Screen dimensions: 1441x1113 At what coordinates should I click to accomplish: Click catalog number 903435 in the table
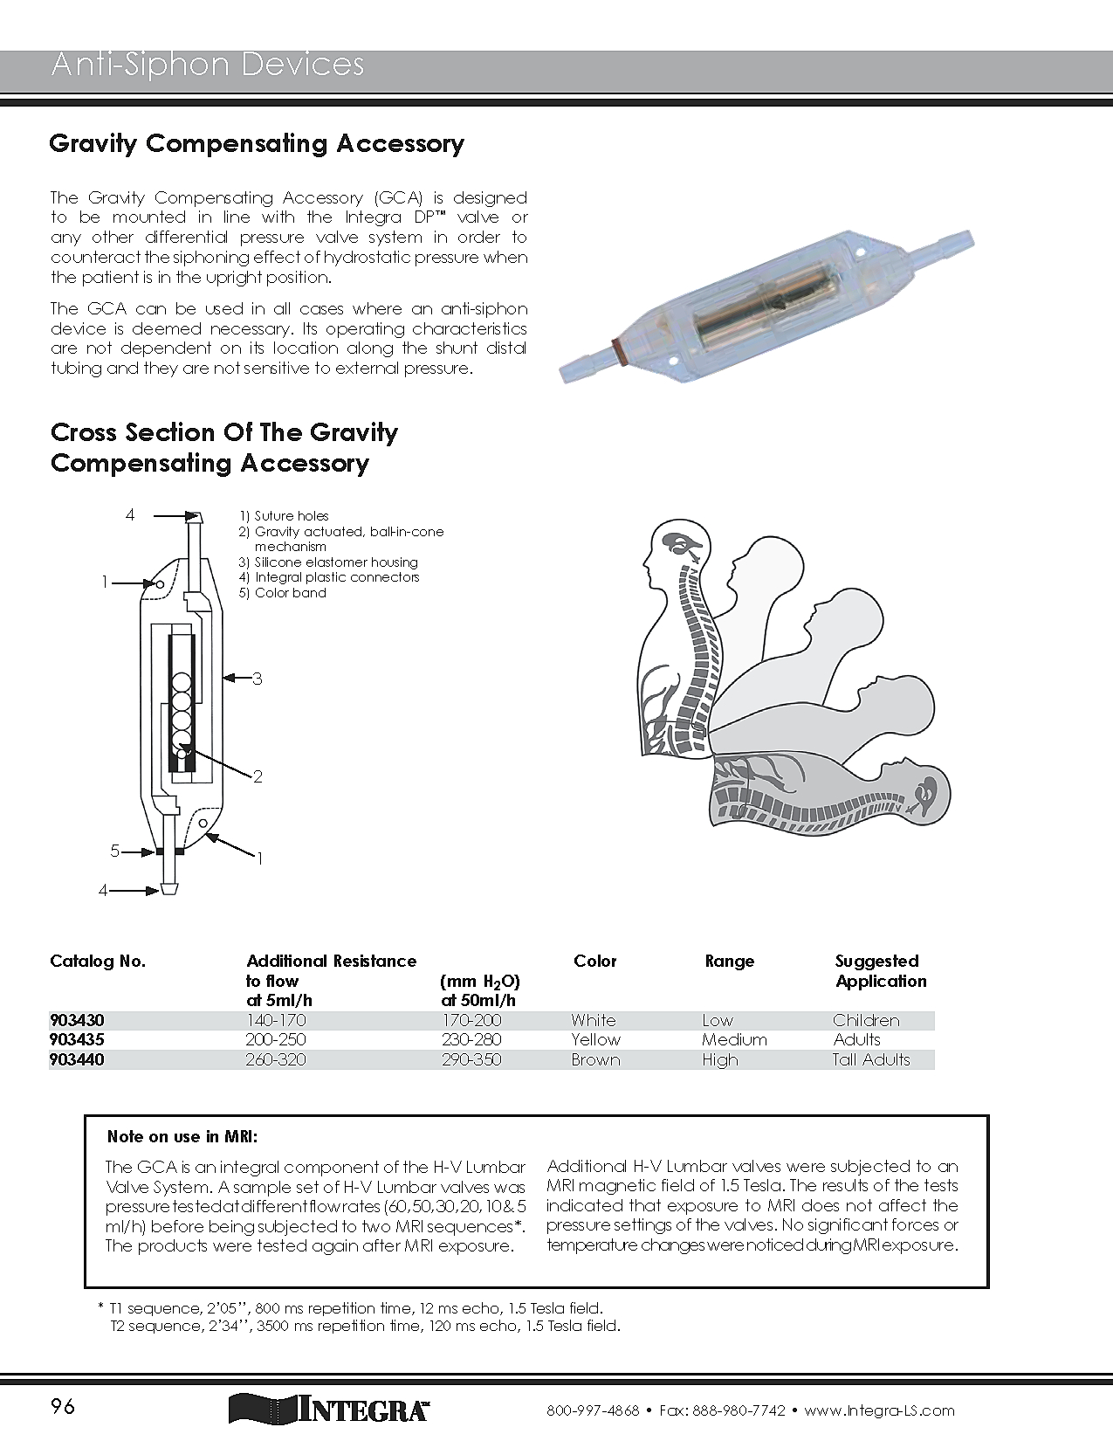tap(77, 1039)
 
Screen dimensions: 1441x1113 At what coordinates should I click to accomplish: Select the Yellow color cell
tap(595, 1039)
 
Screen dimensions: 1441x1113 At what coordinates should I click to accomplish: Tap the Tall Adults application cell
tap(871, 1059)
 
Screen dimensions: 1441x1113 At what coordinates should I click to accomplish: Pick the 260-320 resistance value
tap(276, 1059)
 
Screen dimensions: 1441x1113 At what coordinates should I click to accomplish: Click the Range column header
tap(730, 961)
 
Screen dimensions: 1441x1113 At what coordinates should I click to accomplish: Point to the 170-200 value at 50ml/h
tap(471, 1020)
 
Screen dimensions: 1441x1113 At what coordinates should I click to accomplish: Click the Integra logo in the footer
tap(329, 1409)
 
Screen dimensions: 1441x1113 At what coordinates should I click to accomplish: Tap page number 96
tap(63, 1406)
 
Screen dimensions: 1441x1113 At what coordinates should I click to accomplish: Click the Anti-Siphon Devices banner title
tap(208, 65)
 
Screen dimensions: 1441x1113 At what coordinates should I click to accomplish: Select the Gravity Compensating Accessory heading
tap(257, 143)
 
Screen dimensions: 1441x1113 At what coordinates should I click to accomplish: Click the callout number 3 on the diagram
tap(258, 679)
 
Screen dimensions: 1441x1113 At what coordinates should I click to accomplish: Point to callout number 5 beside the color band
tap(114, 851)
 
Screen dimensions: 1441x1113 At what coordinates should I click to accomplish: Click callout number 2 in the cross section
tap(258, 776)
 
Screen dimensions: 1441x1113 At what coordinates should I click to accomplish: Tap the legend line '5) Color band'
tap(283, 593)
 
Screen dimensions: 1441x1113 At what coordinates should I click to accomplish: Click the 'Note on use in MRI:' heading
tap(182, 1136)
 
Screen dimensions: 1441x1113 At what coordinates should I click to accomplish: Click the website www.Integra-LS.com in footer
tap(879, 1410)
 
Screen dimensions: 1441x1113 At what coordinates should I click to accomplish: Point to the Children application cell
tap(866, 1020)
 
